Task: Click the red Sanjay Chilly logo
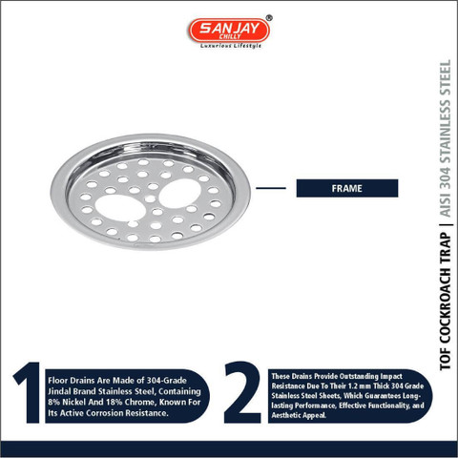229,31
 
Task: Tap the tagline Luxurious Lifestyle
231,46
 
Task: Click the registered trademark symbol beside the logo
269,18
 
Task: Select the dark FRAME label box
347,188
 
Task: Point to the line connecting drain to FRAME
271,188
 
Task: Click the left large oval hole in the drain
120,208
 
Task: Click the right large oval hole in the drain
180,194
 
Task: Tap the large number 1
28,392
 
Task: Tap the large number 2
242,392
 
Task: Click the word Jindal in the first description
59,391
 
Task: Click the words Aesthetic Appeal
299,415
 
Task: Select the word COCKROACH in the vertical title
446,294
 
